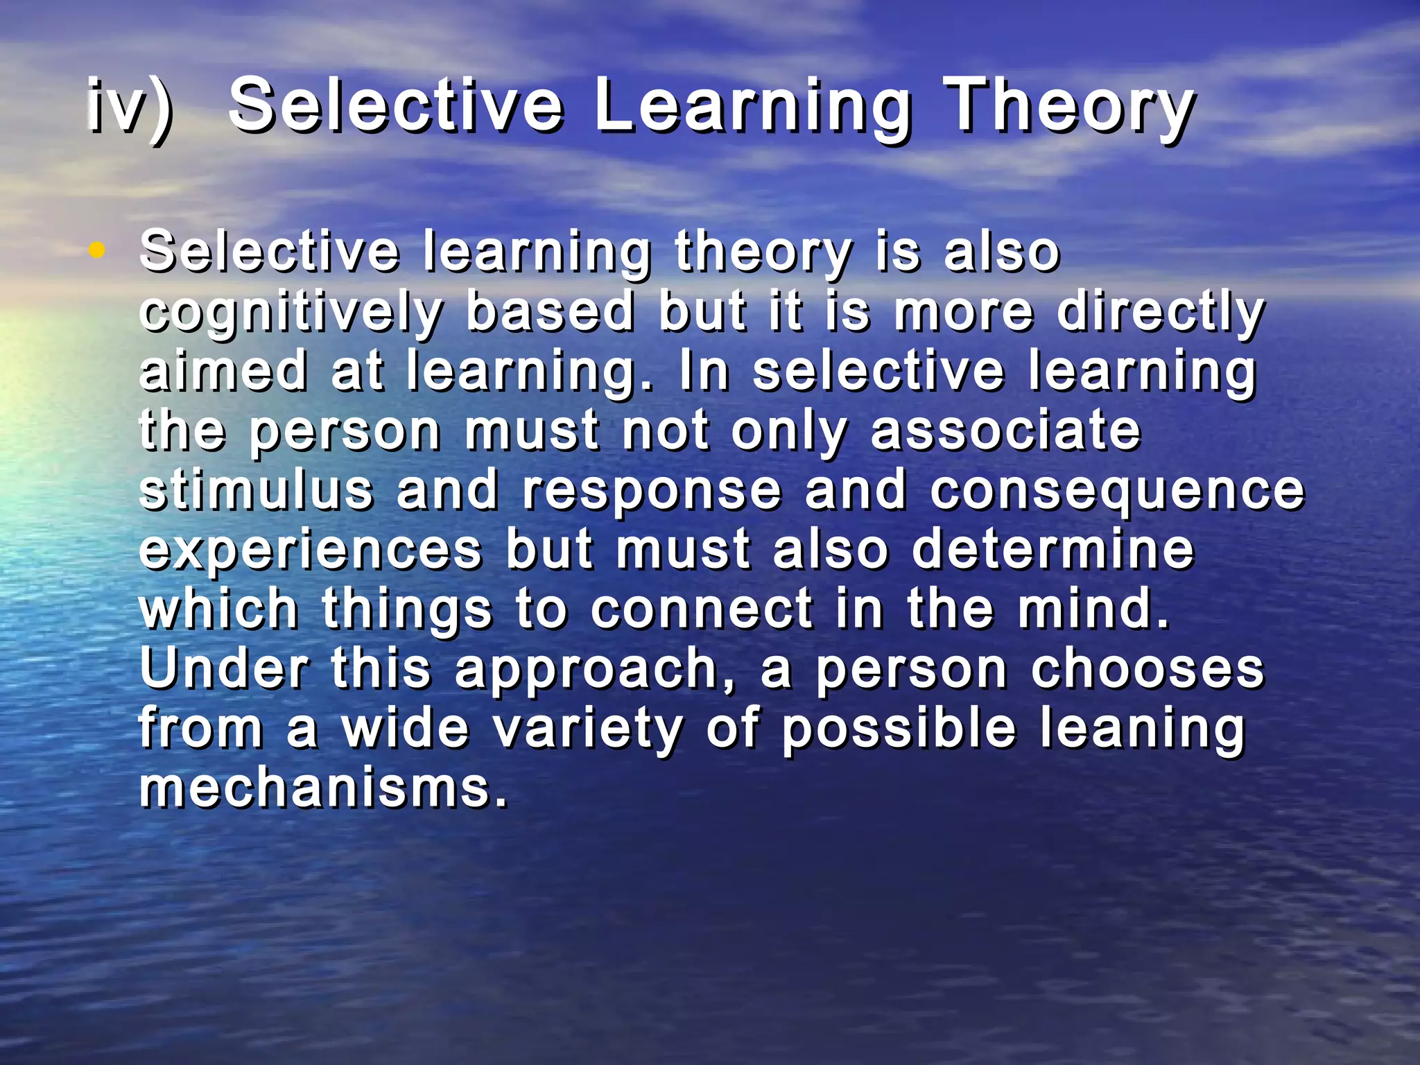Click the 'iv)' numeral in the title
(x=130, y=107)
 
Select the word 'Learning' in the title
(x=752, y=107)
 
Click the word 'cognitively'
(x=291, y=312)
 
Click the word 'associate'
(x=1005, y=430)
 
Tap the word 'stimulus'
(x=256, y=490)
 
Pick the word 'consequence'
(x=1117, y=490)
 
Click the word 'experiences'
(x=310, y=549)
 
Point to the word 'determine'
(x=1053, y=549)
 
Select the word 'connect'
(x=701, y=609)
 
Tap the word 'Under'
(x=223, y=668)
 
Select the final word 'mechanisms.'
(x=323, y=788)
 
